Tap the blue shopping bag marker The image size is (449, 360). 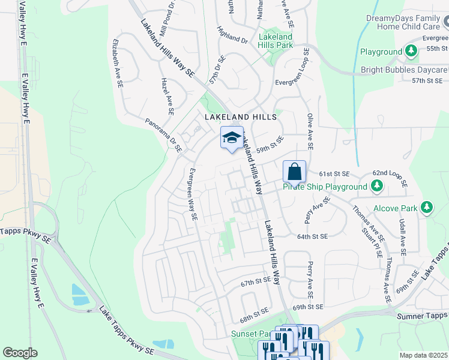(294, 172)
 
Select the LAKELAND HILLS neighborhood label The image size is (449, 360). (241, 116)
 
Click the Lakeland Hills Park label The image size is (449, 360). (276, 41)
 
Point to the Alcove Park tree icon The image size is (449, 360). (427, 208)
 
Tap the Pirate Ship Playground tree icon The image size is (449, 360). (376, 187)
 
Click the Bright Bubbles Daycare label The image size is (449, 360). (404, 70)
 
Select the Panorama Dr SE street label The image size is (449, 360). (163, 135)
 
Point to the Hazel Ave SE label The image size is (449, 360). (167, 96)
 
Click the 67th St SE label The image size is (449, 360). (256, 281)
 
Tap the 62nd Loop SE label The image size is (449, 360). (390, 177)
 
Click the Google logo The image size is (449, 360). (20, 353)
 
